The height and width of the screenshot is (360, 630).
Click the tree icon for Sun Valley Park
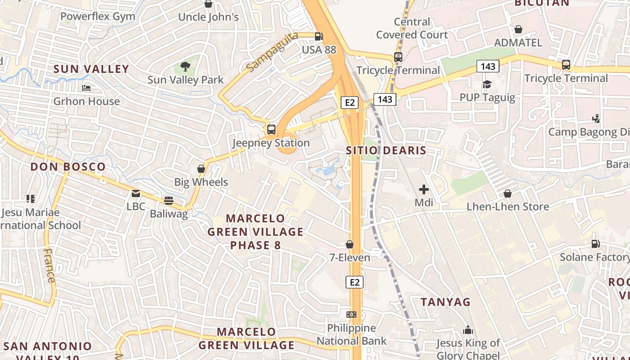pos(185,67)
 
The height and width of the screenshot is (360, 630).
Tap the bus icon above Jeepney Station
pos(271,130)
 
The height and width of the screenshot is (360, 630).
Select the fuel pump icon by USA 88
pos(319,36)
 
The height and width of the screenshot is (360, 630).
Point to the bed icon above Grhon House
pos(86,88)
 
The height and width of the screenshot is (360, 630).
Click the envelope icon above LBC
pos(136,193)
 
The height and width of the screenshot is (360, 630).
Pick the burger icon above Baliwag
pos(169,200)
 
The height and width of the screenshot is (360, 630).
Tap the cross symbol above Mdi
pos(423,189)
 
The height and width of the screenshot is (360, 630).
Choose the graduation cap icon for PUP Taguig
pos(487,84)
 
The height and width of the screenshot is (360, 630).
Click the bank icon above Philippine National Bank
pos(351,314)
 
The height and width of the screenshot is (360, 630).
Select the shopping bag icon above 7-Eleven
pos(349,244)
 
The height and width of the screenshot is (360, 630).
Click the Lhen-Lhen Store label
pos(508,207)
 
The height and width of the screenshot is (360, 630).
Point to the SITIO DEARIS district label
pos(386,150)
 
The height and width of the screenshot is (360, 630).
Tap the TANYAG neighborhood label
pos(445,302)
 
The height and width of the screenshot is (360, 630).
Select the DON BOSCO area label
pos(68,166)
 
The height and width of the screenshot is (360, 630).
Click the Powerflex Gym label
pos(98,17)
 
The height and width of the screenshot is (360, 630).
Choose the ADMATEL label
pos(518,43)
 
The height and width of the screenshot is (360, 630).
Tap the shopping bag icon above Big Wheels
pos(201,169)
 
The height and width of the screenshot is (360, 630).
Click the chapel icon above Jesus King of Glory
pos(468,330)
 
